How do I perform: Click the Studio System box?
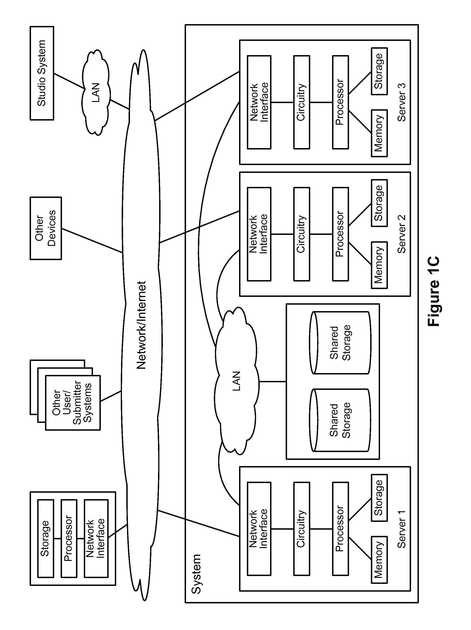coord(42,73)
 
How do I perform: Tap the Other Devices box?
coord(46,228)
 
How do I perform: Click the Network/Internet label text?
coord(141,325)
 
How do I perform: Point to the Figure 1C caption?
coord(434,291)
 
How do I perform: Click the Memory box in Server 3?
coord(379,133)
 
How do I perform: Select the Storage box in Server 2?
coord(379,203)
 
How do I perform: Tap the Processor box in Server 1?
coord(340,529)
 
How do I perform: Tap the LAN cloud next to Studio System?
coord(96,93)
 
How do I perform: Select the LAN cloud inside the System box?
coord(237,381)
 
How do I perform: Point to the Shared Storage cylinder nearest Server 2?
coord(340,343)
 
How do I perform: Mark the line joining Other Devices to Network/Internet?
coord(92,240)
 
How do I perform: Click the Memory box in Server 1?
coord(379,560)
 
